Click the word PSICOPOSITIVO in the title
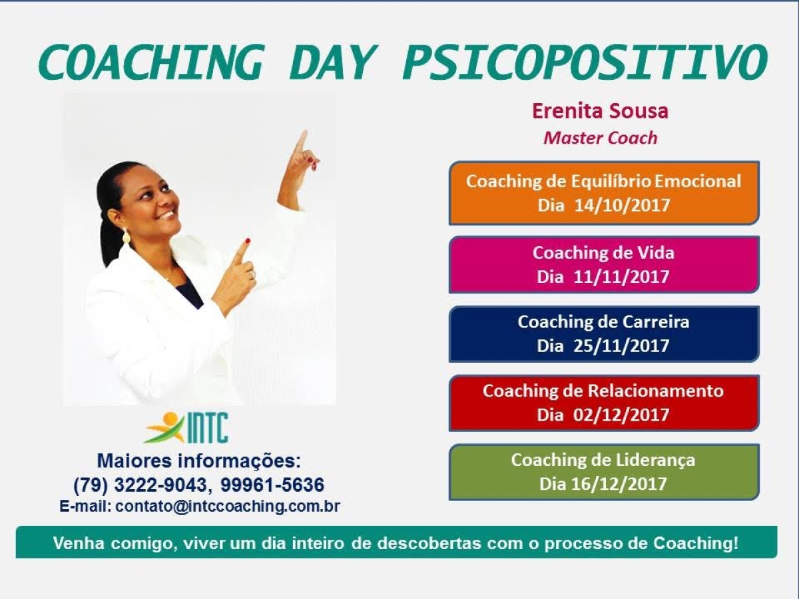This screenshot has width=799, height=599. pos(584,63)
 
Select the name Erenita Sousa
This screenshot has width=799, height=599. pos(600,111)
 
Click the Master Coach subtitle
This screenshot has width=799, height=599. pos(600,138)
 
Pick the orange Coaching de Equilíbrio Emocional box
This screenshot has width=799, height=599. pos(604,192)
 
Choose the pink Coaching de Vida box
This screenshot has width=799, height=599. pos(604,264)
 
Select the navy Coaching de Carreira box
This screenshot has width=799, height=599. pos(604,333)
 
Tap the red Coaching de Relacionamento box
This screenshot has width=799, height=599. pos(604,403)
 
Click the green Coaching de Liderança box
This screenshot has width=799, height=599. pos(604,472)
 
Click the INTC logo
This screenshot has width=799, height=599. pos(187,427)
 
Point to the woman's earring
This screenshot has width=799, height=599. pos(126,236)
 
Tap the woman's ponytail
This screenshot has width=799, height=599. pos(109,233)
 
